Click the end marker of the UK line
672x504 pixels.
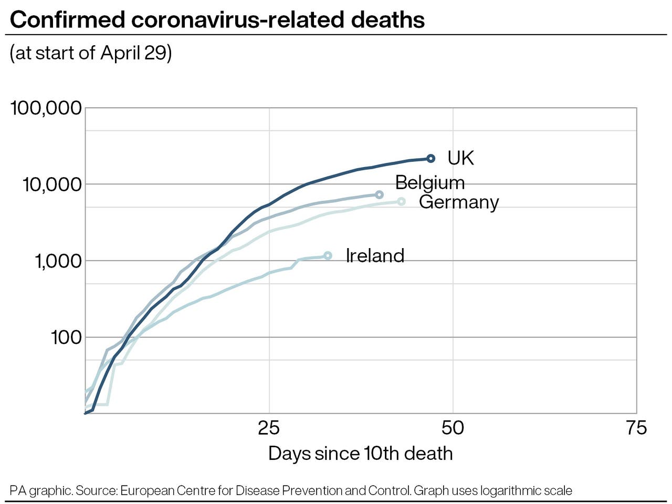point(430,158)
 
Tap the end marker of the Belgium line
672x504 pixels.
point(379,194)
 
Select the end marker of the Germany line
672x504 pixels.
point(401,201)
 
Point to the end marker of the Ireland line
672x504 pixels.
point(328,255)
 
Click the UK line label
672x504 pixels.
point(460,158)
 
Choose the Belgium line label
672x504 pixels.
point(429,182)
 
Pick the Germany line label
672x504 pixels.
point(458,202)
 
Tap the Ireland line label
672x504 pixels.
point(375,255)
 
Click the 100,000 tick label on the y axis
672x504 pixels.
point(46,108)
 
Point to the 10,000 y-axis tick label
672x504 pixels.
point(52,184)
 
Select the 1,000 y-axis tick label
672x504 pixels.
point(58,261)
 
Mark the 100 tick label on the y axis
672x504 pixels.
point(66,337)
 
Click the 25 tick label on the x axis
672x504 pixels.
point(269,428)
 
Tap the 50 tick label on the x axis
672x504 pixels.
point(453,428)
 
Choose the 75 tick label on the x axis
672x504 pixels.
point(636,428)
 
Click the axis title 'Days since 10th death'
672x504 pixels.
point(360,453)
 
